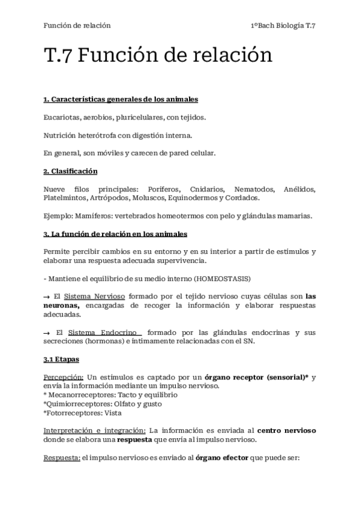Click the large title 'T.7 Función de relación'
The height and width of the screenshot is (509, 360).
158,56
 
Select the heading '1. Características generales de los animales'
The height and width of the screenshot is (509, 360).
121,98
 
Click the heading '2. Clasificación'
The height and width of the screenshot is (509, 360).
70,172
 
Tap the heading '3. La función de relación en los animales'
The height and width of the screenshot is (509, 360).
115,233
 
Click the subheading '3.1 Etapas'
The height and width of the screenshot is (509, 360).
61,359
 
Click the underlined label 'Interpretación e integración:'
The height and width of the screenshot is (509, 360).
94,431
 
